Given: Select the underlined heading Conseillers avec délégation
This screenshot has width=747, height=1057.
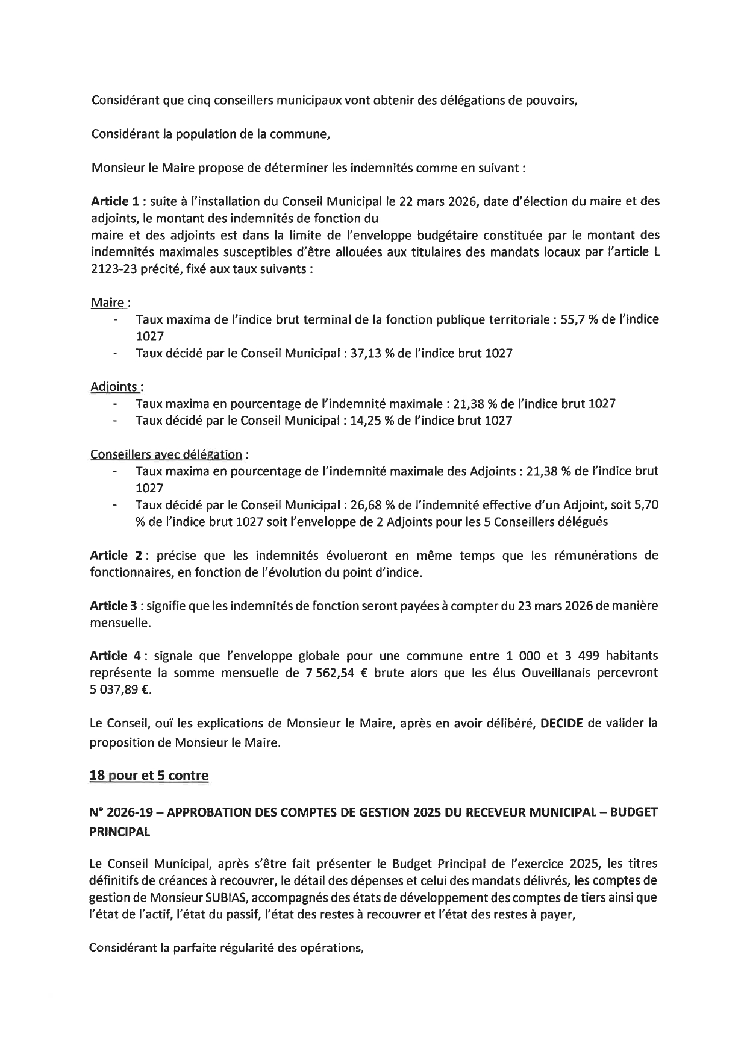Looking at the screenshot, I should [x=166, y=454].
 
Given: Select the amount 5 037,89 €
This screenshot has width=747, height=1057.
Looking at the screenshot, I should [x=119, y=690].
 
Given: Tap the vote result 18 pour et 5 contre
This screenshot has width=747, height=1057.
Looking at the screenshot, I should [x=149, y=776].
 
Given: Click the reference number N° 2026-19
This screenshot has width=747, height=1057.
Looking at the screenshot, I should [x=123, y=812].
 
